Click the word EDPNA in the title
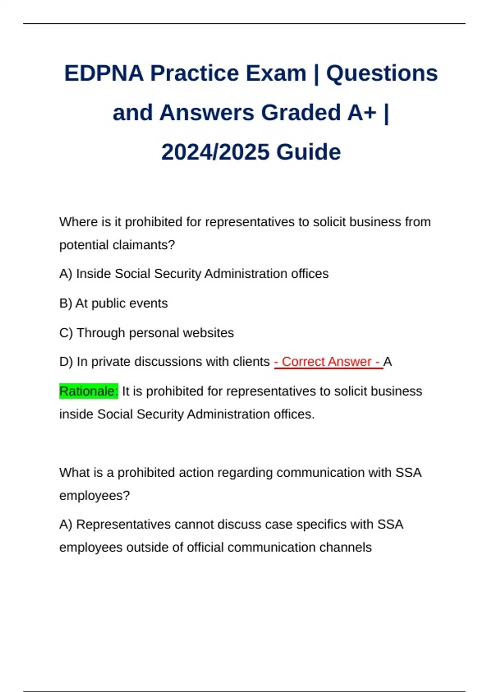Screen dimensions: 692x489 pos(104,74)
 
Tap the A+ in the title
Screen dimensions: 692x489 pos(361,113)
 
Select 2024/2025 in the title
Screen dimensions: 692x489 pos(215,152)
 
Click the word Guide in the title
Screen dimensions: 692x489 pos(308,152)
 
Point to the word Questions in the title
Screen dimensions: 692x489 pos(382,74)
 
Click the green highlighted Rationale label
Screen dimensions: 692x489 pos(88,391)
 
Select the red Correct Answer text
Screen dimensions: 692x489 pos(328,361)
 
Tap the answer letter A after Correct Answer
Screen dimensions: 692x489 pos(388,361)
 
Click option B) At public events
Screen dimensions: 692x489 pos(113,303)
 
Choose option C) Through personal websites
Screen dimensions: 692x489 pos(146,333)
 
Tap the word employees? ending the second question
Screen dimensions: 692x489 pos(94,495)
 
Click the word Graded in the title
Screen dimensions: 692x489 pos(301,113)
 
